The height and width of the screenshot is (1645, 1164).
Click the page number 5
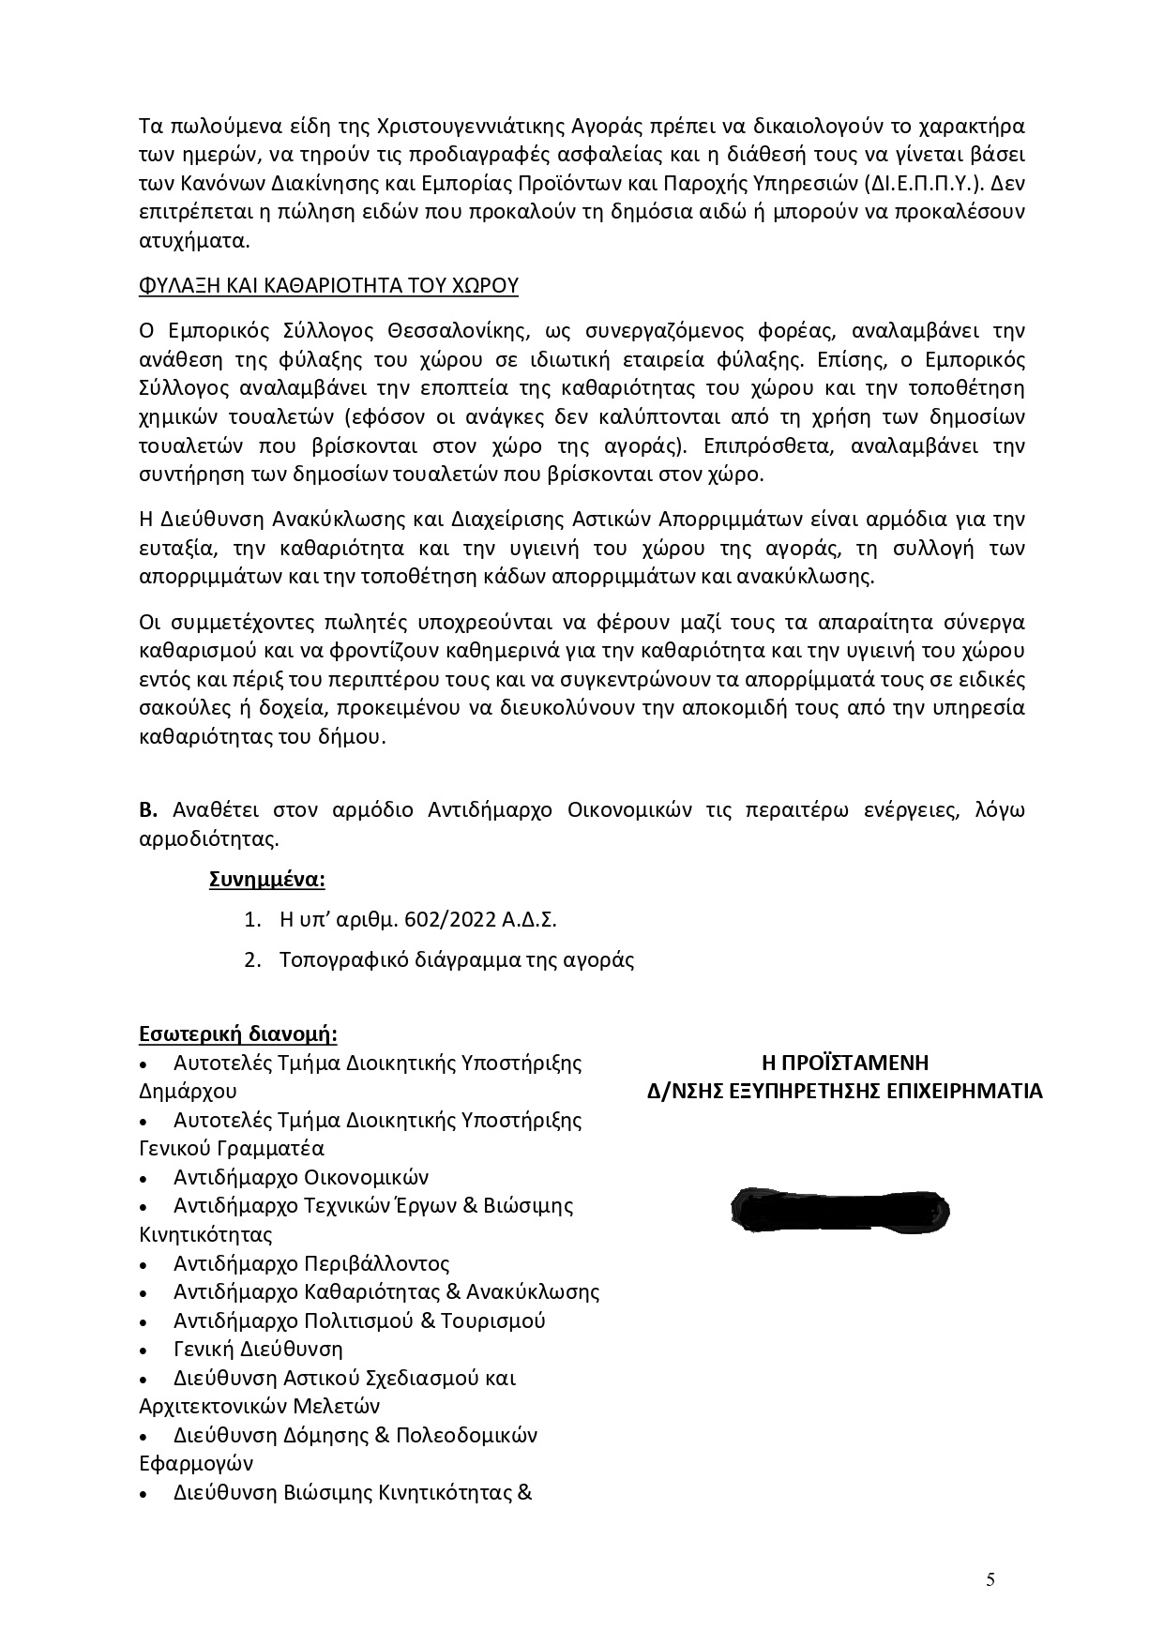coord(990,1580)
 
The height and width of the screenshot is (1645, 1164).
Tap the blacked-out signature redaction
coord(839,1208)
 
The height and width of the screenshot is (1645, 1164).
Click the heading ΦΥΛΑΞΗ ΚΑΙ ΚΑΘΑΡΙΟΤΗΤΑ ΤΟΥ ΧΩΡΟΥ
coord(327,285)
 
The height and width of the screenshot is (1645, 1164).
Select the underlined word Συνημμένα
coord(267,881)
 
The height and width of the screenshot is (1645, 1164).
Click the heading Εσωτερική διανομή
coord(238,1034)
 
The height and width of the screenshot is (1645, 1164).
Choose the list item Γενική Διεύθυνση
coord(258,1350)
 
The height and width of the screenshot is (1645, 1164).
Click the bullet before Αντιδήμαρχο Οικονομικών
coord(143,1179)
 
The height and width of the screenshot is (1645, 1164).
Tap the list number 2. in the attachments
coord(251,960)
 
